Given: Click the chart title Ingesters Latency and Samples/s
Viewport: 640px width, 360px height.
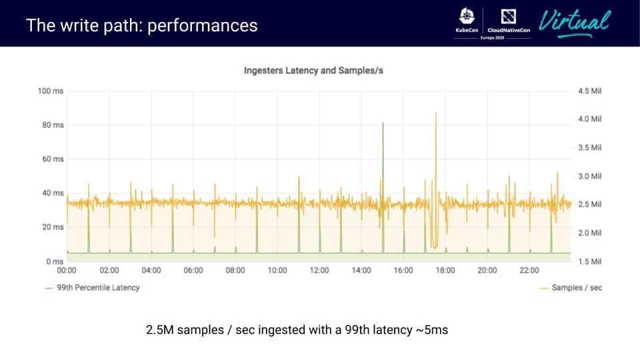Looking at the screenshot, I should pyautogui.click(x=313, y=70).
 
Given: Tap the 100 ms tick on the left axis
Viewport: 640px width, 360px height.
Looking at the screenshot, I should pyautogui.click(x=51, y=91).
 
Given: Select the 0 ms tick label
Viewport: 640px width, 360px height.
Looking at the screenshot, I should pyautogui.click(x=55, y=261).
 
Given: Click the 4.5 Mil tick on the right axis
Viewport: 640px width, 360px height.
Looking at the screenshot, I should pyautogui.click(x=590, y=91).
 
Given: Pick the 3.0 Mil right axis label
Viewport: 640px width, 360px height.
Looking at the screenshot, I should pyautogui.click(x=590, y=176).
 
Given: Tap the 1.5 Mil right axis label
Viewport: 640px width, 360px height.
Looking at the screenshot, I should pyautogui.click(x=590, y=261).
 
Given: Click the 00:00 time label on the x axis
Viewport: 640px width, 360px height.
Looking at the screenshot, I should pyautogui.click(x=67, y=271).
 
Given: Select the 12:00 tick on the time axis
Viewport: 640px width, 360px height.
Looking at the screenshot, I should pyautogui.click(x=319, y=271).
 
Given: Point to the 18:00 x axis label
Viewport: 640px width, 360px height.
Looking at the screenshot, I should pyautogui.click(x=445, y=271).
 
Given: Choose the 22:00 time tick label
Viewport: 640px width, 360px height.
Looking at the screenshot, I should pyautogui.click(x=529, y=271).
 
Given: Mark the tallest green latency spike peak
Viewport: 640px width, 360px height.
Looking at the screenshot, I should pyautogui.click(x=383, y=123).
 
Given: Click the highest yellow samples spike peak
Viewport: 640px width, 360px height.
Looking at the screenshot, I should pyautogui.click(x=436, y=113).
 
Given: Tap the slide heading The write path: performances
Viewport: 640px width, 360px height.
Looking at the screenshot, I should pyautogui.click(x=141, y=25).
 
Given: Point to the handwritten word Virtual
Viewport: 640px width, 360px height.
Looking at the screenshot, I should pyautogui.click(x=574, y=22).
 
